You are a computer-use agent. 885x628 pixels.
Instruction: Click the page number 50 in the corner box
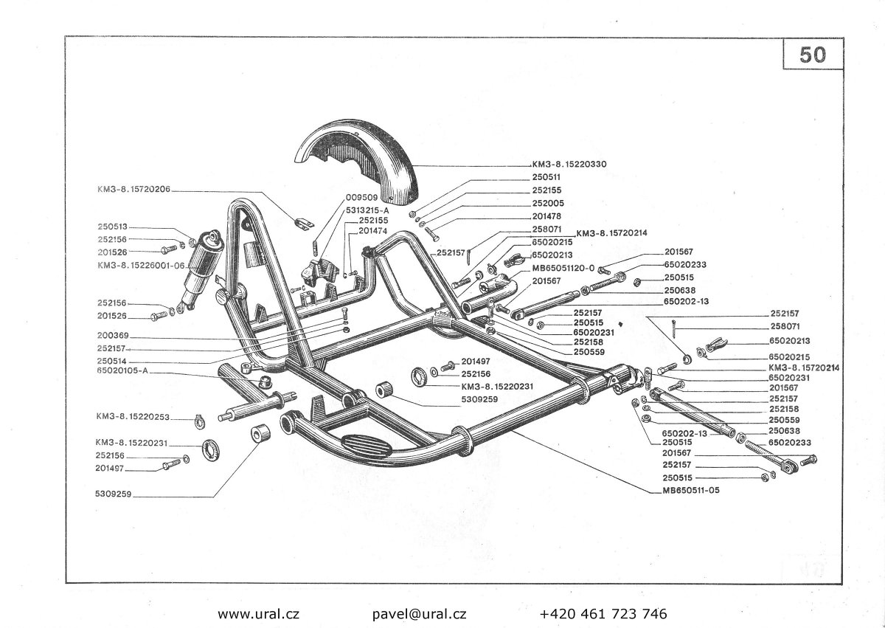point(812,55)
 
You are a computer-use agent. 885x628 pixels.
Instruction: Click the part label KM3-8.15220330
point(569,164)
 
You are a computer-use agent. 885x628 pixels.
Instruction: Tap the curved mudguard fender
point(358,158)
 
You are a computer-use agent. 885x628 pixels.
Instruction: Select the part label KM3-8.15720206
point(134,189)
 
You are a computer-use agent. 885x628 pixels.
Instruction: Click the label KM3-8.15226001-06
point(141,265)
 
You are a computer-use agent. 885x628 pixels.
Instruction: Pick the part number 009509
point(362,197)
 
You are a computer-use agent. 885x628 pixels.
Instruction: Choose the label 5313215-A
point(367,210)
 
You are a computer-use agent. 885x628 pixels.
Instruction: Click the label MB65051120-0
point(563,268)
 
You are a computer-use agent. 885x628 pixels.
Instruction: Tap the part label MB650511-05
point(691,490)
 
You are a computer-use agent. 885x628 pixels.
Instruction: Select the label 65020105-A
point(122,370)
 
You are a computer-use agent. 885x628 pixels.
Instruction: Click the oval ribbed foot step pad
point(366,444)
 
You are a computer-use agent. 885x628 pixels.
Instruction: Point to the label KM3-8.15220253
point(133,416)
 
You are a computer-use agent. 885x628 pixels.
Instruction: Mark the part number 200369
point(113,335)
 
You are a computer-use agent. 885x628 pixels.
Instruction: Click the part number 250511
point(546,177)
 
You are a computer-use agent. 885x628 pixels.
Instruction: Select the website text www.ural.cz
point(258,614)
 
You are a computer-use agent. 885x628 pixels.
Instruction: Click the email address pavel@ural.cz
point(419,614)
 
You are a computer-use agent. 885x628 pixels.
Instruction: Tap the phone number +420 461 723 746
point(603,614)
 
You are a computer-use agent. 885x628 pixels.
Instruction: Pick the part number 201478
point(546,216)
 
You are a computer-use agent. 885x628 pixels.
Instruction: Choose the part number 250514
point(112,361)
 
